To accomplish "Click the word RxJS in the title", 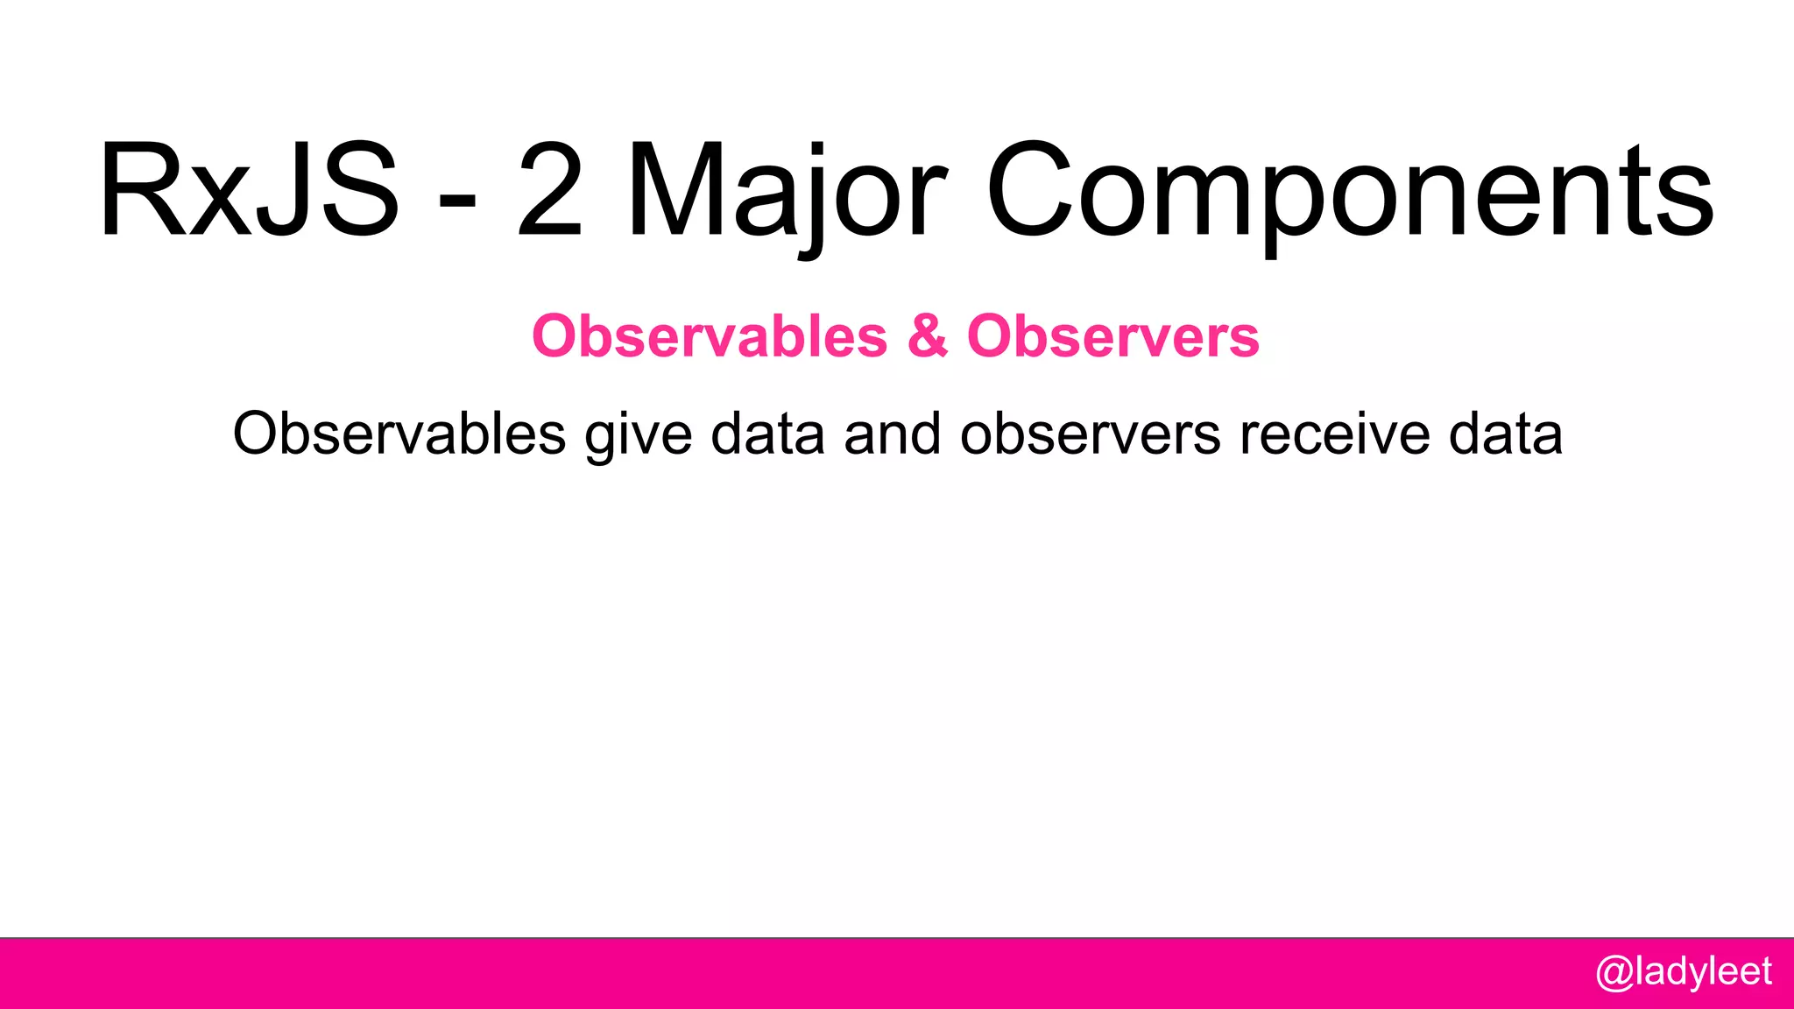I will pos(250,191).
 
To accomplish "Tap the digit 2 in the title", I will pos(550,191).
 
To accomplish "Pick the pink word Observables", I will pos(710,336).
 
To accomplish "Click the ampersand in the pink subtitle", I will pos(928,336).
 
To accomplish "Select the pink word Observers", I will pos(1112,336).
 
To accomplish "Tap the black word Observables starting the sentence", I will pos(399,434).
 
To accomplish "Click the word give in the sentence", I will pos(639,435).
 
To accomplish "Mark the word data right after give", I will pos(767,434).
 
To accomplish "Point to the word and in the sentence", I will pos(892,434).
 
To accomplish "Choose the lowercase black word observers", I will pos(1090,434).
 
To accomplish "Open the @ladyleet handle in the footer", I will pos(1684,972).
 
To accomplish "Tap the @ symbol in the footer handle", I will pos(1614,973).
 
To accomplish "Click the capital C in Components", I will pos(1030,191).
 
